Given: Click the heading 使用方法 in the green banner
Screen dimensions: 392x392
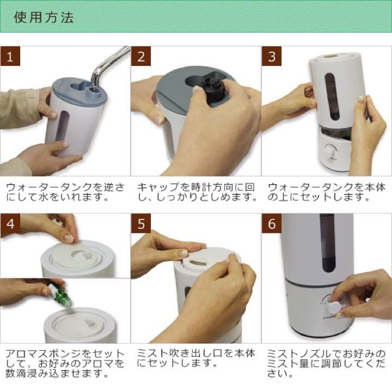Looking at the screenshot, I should point(44,17).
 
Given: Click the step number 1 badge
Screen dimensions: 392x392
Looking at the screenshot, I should point(10,56).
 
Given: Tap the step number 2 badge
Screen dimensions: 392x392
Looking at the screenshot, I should point(141,56).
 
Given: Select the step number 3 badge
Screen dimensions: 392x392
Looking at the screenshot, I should point(272,56).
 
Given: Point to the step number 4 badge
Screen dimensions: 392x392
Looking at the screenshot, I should point(10,223).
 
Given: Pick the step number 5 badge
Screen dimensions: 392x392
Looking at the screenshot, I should point(141,223).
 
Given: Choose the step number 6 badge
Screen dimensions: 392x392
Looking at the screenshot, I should point(272,223).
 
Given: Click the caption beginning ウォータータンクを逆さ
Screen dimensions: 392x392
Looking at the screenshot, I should point(65,192).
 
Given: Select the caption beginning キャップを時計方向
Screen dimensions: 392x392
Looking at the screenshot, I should point(196,192).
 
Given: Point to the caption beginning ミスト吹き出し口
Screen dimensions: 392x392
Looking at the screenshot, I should point(196,358).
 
